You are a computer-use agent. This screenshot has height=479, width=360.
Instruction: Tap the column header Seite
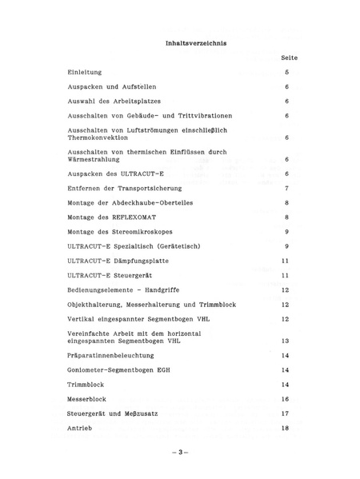coord(290,58)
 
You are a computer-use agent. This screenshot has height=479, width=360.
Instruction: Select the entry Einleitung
coord(85,72)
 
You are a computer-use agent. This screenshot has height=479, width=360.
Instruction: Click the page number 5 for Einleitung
coord(286,72)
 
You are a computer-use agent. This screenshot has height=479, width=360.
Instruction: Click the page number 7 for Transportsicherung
coord(286,188)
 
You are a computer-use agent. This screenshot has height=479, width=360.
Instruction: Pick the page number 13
coord(286,340)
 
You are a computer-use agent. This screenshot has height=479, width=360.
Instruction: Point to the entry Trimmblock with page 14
coord(86,384)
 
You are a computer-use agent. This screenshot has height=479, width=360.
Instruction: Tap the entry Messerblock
coord(89,398)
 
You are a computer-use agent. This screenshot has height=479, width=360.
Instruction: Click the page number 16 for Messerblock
coord(286,398)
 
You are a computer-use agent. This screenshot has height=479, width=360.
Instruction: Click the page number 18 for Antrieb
coord(286,428)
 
